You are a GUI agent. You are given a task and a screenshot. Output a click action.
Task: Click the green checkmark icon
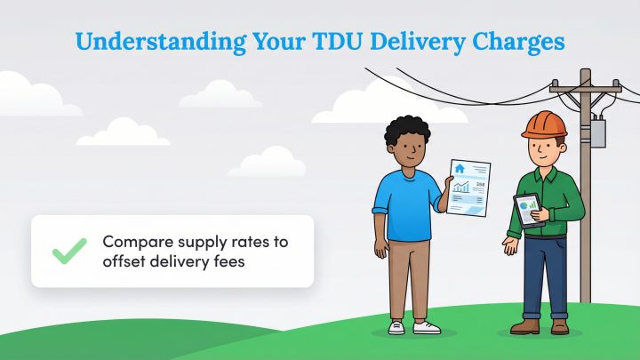point(68,251)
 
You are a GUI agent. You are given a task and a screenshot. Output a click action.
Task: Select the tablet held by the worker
point(529,212)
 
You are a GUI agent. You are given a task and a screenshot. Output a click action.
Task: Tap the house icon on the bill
point(460,168)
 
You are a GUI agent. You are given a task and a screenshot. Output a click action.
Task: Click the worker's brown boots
point(541,326)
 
